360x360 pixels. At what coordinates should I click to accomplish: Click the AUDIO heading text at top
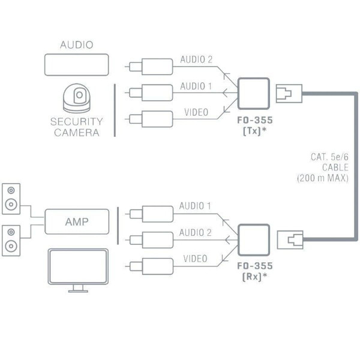coord(76,45)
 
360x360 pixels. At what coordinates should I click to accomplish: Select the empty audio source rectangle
coord(76,64)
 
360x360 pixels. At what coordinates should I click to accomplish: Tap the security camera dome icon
coord(76,97)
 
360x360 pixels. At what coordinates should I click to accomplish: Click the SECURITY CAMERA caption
coord(76,127)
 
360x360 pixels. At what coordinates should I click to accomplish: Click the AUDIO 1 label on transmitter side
coord(196,86)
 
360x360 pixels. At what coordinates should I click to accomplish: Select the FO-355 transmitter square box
coord(252,92)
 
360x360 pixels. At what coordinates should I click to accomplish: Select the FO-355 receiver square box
coord(252,239)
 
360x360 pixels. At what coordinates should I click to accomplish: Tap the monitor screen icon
coord(77,268)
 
